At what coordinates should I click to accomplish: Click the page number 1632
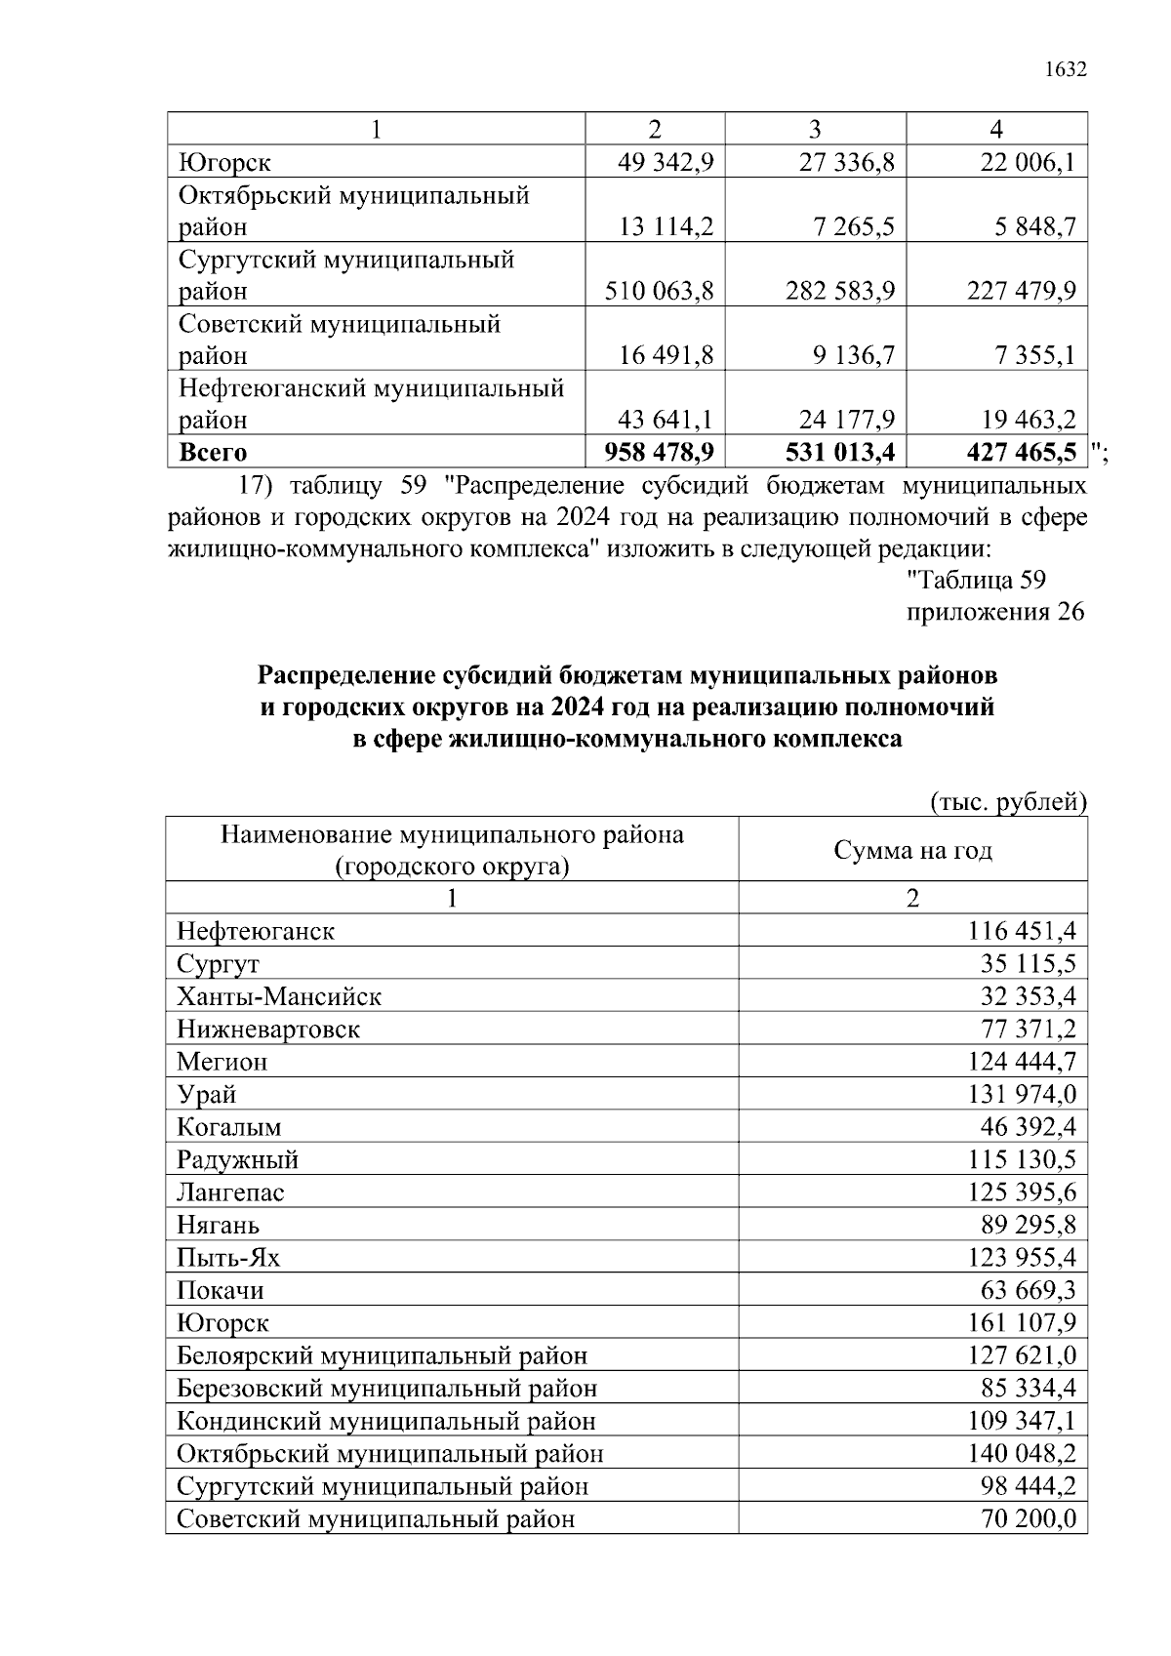click(x=1066, y=69)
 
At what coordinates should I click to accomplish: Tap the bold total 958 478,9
click(x=660, y=452)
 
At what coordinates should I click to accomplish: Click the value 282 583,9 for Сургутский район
click(x=840, y=291)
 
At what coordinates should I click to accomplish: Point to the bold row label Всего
click(x=214, y=452)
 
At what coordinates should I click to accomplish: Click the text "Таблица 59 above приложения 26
click(x=977, y=580)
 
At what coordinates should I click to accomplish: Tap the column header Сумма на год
click(x=912, y=850)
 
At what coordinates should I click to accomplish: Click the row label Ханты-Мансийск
click(x=279, y=996)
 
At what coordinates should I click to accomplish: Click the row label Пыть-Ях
click(x=228, y=1257)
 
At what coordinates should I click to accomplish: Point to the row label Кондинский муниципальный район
click(x=386, y=1421)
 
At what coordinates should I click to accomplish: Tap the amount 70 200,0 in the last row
click(x=1029, y=1518)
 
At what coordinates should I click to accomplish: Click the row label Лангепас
click(x=230, y=1192)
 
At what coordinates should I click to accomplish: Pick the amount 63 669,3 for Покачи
click(x=1029, y=1290)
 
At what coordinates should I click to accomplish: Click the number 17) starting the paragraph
click(x=259, y=485)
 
